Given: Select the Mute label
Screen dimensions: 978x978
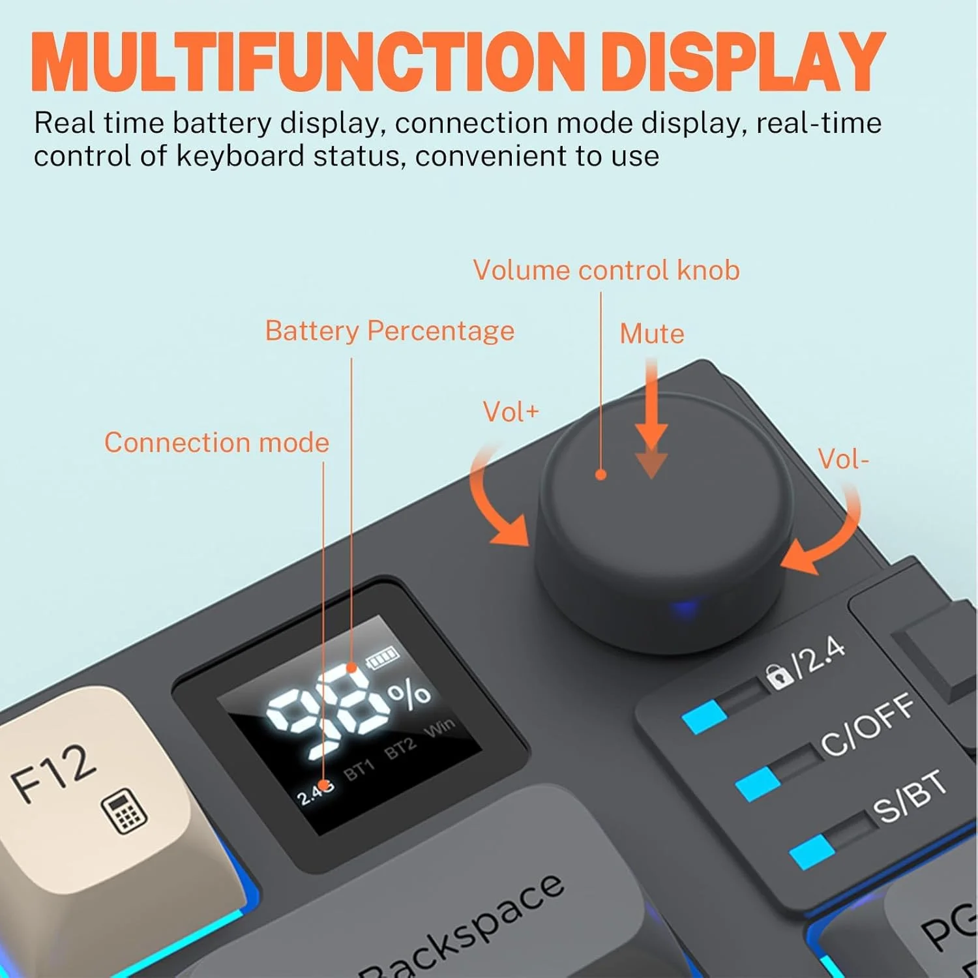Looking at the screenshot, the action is point(652,334).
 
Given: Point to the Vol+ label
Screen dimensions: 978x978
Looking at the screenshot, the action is point(511,412).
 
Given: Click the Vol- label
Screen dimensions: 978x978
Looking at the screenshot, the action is point(844,460).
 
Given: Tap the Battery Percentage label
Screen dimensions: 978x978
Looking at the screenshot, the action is point(390,331).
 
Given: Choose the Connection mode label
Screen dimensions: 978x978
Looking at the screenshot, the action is point(216,443).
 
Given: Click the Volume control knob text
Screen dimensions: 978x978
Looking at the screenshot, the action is point(606,271).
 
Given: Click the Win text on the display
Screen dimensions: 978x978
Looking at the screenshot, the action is point(440,728).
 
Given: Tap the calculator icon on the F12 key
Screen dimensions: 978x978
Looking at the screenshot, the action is point(125,811).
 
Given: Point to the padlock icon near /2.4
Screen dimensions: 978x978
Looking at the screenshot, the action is point(778,676).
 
